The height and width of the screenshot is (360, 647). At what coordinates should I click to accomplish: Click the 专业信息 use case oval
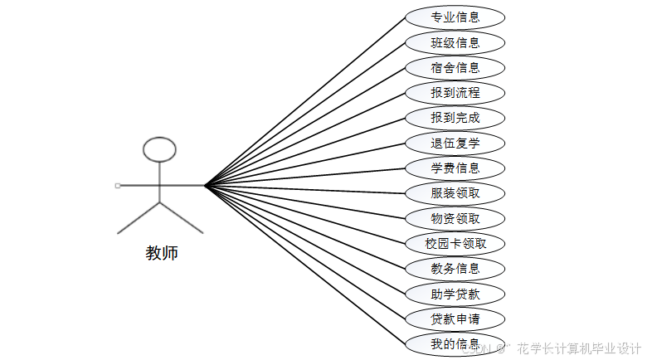click(455, 17)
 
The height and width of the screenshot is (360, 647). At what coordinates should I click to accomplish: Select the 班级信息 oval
click(455, 42)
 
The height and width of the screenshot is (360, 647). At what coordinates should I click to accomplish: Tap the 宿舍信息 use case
click(455, 67)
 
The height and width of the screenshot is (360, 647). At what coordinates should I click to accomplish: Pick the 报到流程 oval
click(455, 92)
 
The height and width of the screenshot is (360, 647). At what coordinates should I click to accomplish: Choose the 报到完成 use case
click(455, 118)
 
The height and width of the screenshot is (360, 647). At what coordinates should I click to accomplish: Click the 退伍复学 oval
click(455, 143)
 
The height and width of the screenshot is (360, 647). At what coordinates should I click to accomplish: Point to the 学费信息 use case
click(455, 168)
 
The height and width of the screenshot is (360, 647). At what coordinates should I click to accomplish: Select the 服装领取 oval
click(455, 193)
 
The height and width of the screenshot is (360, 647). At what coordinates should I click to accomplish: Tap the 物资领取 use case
click(455, 218)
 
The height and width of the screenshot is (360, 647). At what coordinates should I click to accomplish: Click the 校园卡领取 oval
click(455, 244)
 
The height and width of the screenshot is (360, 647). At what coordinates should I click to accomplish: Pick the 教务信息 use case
click(455, 268)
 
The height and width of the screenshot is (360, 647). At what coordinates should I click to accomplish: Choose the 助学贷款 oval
click(455, 294)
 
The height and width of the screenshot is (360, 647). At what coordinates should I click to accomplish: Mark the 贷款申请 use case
click(455, 319)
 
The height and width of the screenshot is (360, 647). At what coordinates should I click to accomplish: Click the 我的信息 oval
click(455, 343)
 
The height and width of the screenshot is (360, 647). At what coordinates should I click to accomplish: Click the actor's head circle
click(159, 149)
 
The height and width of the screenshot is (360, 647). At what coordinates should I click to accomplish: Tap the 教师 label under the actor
click(162, 253)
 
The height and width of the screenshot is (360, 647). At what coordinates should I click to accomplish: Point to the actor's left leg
click(138, 217)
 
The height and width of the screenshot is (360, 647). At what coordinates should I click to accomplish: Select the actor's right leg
click(182, 217)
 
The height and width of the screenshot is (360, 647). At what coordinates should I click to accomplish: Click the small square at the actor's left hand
click(118, 185)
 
